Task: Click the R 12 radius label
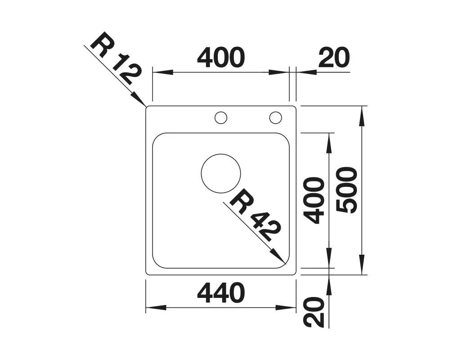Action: (x=116, y=61)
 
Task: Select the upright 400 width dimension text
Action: (x=221, y=58)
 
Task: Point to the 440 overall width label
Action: (x=221, y=293)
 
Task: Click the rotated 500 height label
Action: (x=347, y=190)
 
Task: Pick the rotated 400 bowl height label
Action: (x=314, y=200)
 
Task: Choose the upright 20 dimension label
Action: (x=334, y=58)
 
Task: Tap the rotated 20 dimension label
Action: (x=314, y=312)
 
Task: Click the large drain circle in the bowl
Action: (x=221, y=154)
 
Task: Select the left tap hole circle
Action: (x=221, y=112)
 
